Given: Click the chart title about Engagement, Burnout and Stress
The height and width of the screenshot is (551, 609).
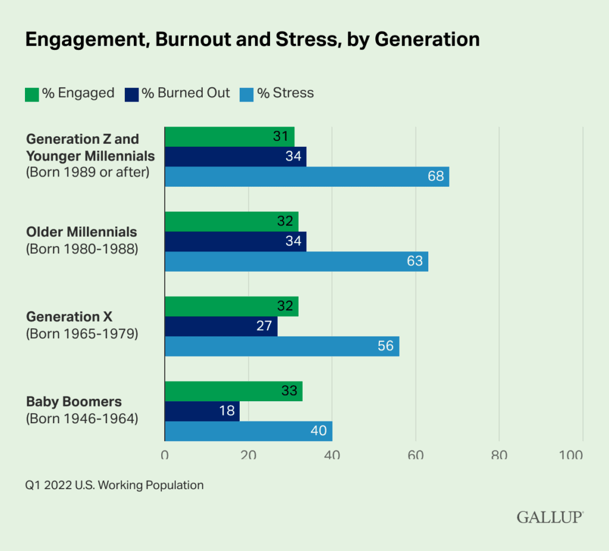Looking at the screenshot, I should click(x=252, y=39).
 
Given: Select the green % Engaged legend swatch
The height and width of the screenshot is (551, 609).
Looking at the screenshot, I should click(x=32, y=94).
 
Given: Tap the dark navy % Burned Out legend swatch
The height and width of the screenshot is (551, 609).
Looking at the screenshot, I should click(x=131, y=94).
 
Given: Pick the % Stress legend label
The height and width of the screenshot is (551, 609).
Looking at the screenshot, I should click(x=285, y=93).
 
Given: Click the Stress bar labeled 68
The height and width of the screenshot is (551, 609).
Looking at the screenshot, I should click(x=306, y=177).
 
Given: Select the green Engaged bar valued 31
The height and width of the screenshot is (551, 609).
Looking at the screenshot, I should click(x=229, y=137).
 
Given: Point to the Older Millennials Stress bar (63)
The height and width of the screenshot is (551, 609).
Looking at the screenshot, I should click(x=296, y=262).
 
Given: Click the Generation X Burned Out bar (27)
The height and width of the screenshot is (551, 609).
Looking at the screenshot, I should click(x=221, y=326).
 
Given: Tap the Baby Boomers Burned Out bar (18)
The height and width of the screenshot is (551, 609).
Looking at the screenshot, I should click(x=202, y=411).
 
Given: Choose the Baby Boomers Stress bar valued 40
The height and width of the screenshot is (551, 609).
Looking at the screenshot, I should click(x=248, y=431).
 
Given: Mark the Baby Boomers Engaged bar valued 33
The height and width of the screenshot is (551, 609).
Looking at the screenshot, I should click(x=233, y=391).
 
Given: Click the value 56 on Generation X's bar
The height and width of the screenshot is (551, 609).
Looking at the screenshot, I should click(x=385, y=346).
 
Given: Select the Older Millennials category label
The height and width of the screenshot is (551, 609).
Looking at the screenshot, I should click(x=81, y=232).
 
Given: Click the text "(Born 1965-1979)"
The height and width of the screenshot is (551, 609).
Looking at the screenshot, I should click(x=82, y=334).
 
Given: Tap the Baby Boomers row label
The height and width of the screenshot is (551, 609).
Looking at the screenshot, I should click(x=74, y=402).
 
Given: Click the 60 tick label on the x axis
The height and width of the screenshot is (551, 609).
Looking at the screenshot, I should click(x=415, y=456).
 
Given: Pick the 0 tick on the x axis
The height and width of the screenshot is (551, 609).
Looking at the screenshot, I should click(x=165, y=456).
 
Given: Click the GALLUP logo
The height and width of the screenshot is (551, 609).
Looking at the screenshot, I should click(x=550, y=517).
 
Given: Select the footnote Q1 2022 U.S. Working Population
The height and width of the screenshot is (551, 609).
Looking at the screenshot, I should click(x=114, y=486).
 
